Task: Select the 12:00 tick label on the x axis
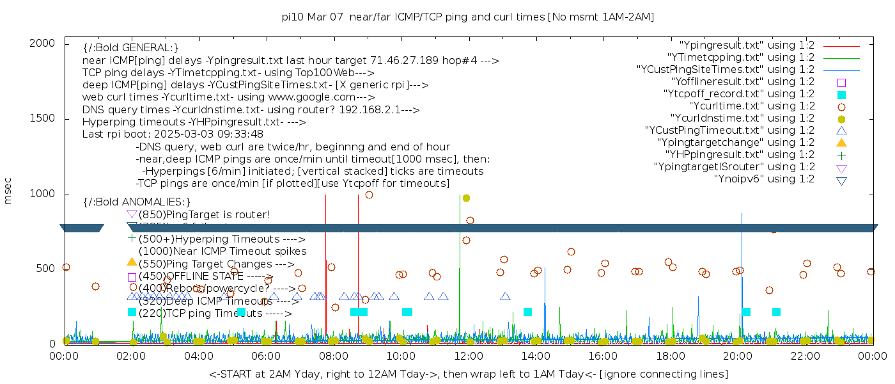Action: pos(469,356)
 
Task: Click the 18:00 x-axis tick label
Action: pos(671,356)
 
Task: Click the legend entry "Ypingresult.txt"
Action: pos(746,45)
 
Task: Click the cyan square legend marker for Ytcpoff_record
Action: pos(841,95)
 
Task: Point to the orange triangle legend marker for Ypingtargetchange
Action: pos(841,143)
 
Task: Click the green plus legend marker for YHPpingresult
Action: pos(841,155)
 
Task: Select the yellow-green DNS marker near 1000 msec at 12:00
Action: pos(467,198)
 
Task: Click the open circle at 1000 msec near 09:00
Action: pos(369,195)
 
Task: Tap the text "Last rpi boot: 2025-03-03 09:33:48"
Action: pos(173,134)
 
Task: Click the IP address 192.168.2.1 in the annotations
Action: pos(371,110)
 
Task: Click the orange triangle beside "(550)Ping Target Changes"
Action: pos(132,262)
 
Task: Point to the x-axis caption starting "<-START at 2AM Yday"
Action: pos(468,374)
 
